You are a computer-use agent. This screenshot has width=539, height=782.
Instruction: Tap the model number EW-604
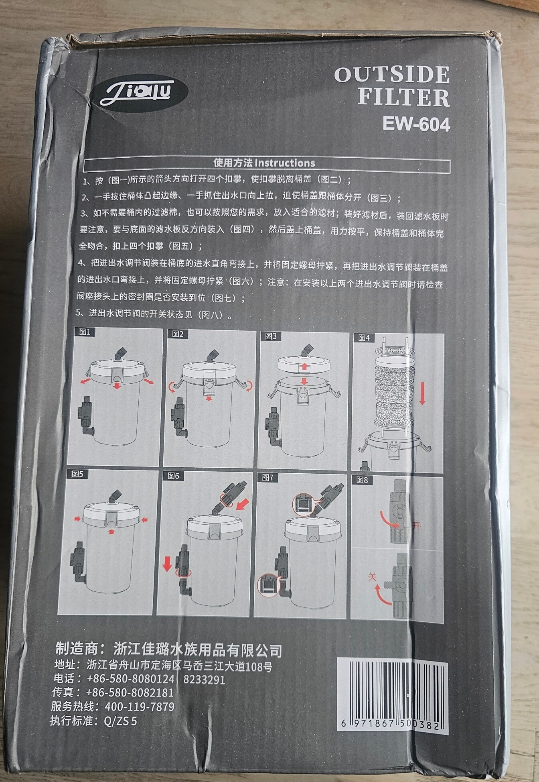[416, 124]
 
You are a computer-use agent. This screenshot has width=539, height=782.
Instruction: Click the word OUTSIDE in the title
[392, 75]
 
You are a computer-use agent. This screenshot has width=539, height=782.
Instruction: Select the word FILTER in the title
[403, 98]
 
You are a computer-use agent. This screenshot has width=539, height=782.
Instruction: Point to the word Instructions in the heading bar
[285, 163]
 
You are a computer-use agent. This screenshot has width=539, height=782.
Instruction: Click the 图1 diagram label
[85, 332]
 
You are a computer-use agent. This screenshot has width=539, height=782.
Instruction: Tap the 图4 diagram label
[364, 338]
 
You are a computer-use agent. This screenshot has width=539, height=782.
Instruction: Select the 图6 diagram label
[173, 476]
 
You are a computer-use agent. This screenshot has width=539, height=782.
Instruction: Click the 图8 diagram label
[362, 480]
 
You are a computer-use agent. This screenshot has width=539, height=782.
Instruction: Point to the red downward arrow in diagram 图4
[422, 393]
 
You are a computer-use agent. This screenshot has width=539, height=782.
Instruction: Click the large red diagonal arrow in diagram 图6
[242, 503]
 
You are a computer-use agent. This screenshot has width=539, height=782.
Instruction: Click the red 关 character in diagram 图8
[373, 577]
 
